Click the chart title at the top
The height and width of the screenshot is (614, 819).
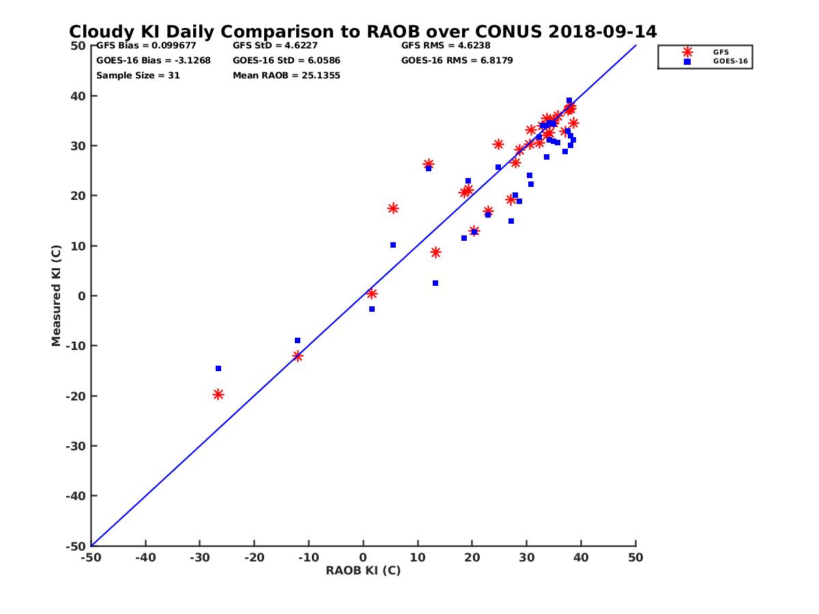coord(362,31)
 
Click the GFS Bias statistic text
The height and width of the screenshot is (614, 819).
coord(146,46)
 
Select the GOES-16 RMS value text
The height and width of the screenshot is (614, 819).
coord(457,61)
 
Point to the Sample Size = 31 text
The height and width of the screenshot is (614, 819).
coord(138,76)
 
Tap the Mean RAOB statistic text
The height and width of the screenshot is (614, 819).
coord(286,76)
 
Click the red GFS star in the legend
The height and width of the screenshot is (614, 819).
coord(687,52)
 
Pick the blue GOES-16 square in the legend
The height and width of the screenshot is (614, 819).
coord(687,61)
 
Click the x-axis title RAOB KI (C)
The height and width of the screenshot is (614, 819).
coord(363,571)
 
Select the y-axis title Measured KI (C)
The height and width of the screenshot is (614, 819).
coord(56,295)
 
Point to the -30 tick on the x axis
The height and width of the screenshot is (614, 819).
coord(199,558)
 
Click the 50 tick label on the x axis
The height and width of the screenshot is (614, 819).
coord(635,558)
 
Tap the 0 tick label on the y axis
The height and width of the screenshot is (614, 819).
coord(81,296)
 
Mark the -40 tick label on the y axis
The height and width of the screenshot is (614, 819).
coord(76,496)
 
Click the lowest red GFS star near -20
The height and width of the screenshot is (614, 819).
coord(218,394)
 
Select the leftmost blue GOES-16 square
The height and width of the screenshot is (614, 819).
coord(218,368)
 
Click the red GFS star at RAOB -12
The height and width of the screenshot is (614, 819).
coord(298,356)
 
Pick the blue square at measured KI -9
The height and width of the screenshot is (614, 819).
coord(298,340)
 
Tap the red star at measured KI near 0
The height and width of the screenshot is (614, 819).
coord(372,294)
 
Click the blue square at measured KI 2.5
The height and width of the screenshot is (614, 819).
coord(435,283)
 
